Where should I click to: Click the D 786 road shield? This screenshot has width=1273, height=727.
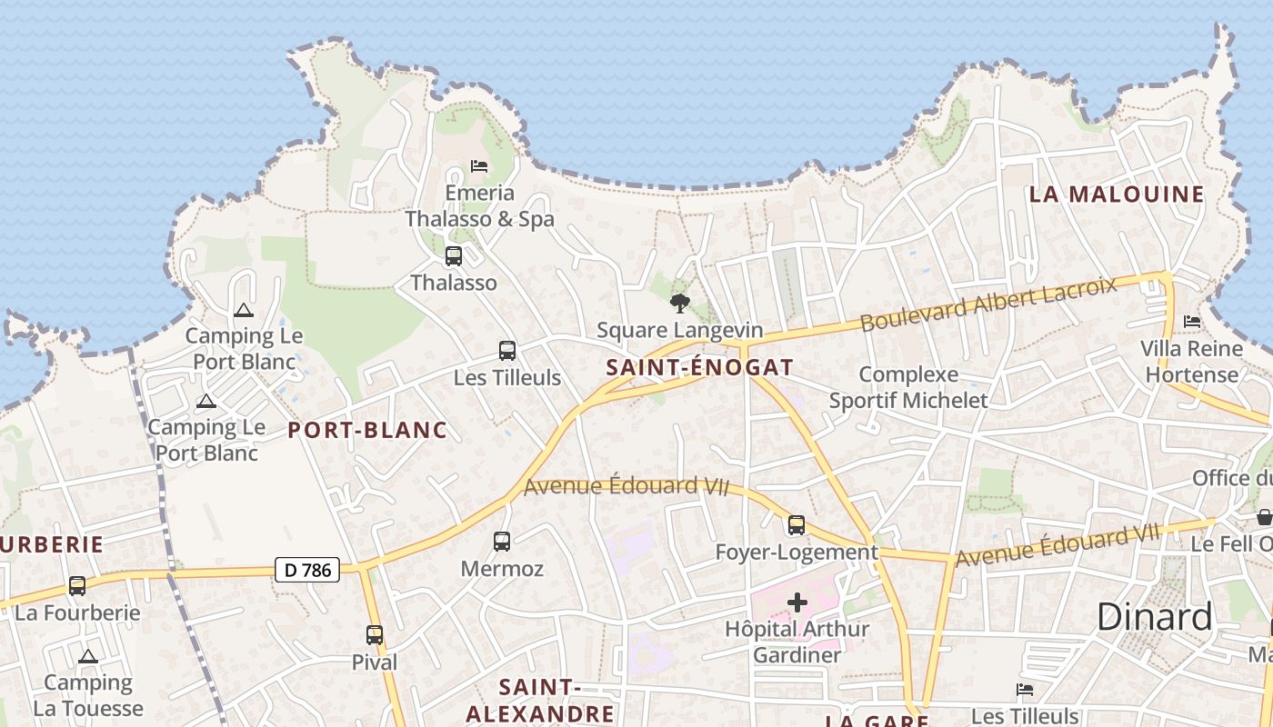click(306, 570)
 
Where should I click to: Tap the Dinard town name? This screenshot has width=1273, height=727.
click(1154, 617)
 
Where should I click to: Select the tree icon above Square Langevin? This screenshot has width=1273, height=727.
click(679, 304)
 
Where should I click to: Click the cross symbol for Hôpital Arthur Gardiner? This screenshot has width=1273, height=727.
click(797, 603)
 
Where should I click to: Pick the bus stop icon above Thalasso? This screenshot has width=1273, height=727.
click(454, 256)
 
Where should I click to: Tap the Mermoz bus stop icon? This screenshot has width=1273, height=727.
click(502, 542)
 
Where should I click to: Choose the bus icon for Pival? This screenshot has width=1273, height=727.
click(375, 635)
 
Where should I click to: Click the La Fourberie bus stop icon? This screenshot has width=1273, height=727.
click(77, 586)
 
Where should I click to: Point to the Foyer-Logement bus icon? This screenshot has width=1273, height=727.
click(797, 524)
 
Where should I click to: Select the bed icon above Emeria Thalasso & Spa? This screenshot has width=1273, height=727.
click(479, 166)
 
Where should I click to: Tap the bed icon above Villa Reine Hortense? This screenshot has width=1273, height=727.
click(1192, 322)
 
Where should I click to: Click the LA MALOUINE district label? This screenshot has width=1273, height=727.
click(1117, 194)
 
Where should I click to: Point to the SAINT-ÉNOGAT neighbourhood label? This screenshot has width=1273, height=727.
click(699, 368)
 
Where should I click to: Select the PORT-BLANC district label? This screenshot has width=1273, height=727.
click(367, 430)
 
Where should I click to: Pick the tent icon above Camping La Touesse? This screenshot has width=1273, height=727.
click(88, 656)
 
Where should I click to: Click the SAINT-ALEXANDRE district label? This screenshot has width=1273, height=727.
click(540, 700)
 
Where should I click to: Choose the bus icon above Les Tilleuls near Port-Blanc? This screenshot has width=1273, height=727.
click(507, 350)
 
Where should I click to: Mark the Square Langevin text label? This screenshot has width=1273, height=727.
click(679, 330)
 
